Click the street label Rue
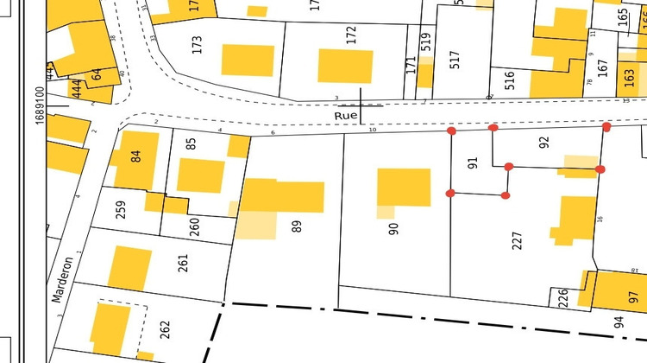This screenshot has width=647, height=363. (x=346, y=114)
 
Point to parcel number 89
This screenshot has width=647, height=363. (x=297, y=226)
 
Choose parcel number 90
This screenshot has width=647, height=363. (x=394, y=228)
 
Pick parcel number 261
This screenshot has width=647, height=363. (x=183, y=263)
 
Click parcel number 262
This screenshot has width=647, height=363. (x=165, y=329)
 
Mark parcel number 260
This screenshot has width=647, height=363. (x=195, y=227)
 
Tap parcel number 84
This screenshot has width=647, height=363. (x=135, y=156)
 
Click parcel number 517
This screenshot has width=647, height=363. (x=455, y=60)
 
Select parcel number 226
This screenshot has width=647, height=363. (x=563, y=298)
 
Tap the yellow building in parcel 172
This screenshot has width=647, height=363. (x=345, y=67)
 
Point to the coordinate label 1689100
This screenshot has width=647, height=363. (x=40, y=104)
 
